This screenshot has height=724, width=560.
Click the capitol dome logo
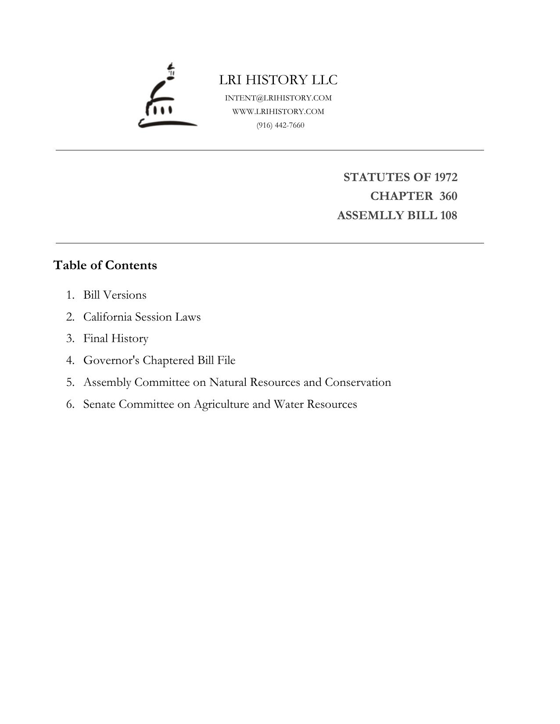pyautogui.click(x=167, y=97)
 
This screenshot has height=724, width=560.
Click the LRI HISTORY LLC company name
pyautogui.click(x=278, y=80)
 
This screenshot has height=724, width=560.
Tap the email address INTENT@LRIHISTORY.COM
pyautogui.click(x=278, y=98)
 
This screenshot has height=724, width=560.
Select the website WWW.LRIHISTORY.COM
pyautogui.click(x=278, y=112)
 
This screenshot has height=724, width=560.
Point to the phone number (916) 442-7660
pyautogui.click(x=280, y=125)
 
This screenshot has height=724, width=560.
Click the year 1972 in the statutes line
pyautogui.click(x=445, y=177)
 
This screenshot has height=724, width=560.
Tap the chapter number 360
pyautogui.click(x=448, y=196)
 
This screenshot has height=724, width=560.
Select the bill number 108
pyautogui.click(x=448, y=216)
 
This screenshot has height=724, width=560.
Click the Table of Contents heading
pyautogui.click(x=105, y=265)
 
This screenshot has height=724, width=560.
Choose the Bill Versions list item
pyautogui.click(x=115, y=295)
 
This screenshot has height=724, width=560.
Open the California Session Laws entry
pyautogui.click(x=142, y=317)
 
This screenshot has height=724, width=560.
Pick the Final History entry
pyautogui.click(x=116, y=339)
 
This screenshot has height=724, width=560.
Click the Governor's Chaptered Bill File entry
pyautogui.click(x=159, y=360)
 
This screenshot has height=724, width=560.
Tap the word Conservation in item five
pyautogui.click(x=358, y=382)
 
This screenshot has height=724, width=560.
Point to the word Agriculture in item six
pyautogui.click(x=221, y=404)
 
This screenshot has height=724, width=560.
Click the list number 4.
pyautogui.click(x=70, y=360)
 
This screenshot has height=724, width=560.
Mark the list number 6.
pyautogui.click(x=70, y=404)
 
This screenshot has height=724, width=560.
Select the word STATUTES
pyautogui.click(x=376, y=177)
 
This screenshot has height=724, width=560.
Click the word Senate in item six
pyautogui.click(x=99, y=404)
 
